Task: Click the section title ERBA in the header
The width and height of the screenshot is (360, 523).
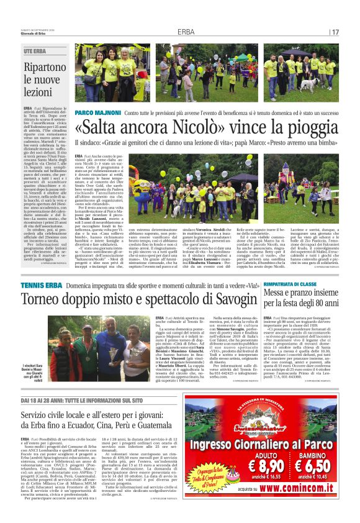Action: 186,32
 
